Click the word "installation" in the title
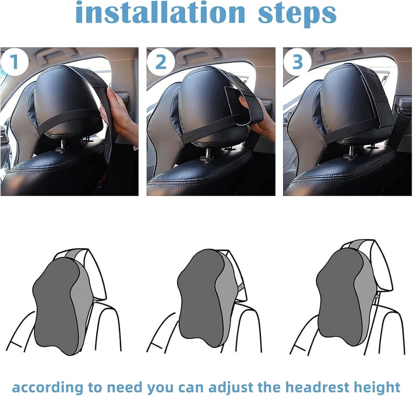pos(160,12)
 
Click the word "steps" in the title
pos(297,14)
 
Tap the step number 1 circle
pos(14,62)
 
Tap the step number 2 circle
pos(161,62)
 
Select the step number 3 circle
pos(297,62)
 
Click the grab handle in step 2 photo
pos(198,55)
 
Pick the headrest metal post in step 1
pos(61,146)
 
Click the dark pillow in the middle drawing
pos(201,297)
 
